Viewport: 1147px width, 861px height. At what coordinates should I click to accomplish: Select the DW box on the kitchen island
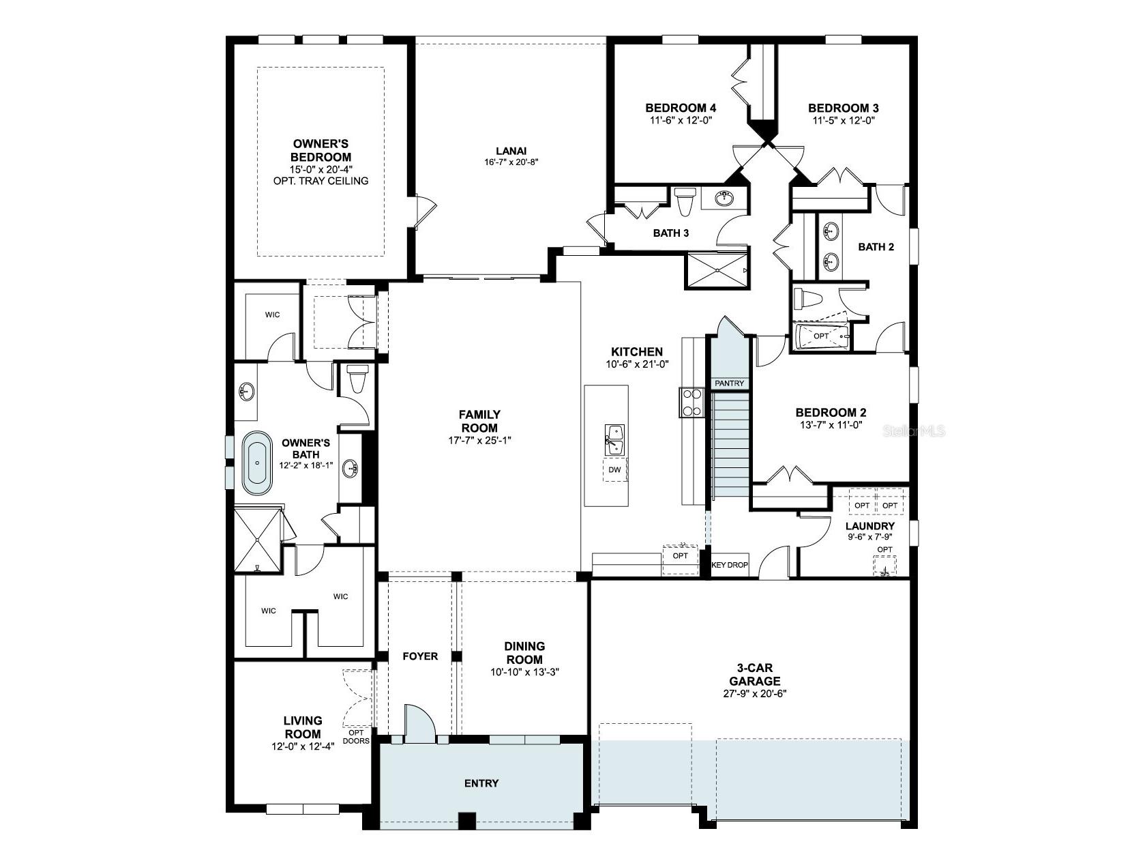tap(614, 469)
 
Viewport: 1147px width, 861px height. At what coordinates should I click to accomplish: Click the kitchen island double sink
tap(615, 439)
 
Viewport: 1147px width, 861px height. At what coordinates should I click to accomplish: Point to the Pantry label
tap(729, 383)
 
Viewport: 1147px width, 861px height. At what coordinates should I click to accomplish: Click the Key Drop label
tap(730, 565)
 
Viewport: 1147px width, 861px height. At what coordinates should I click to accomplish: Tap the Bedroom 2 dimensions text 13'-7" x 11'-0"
tap(831, 424)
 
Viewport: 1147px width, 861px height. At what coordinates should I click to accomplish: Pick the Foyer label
tap(420, 656)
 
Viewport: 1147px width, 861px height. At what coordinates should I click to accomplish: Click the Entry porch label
tap(481, 783)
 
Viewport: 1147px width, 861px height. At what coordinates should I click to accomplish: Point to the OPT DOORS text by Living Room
tap(356, 737)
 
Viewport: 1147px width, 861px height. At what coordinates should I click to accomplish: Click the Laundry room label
tap(869, 526)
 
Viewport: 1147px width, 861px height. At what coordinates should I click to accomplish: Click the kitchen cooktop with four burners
tap(691, 402)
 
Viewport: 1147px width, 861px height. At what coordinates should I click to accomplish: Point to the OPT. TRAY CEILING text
tap(320, 181)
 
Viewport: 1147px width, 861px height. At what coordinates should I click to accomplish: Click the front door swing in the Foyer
tap(419, 723)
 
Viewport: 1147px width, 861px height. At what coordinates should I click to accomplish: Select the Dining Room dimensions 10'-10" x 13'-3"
tap(524, 672)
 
